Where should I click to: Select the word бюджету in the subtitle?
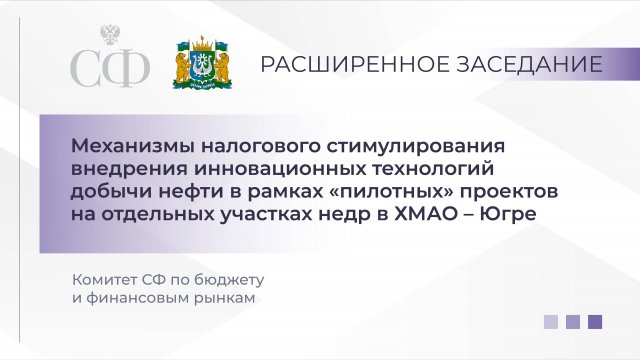(246, 277)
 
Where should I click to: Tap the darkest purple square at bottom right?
(595, 322)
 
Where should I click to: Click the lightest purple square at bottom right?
(551, 322)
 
